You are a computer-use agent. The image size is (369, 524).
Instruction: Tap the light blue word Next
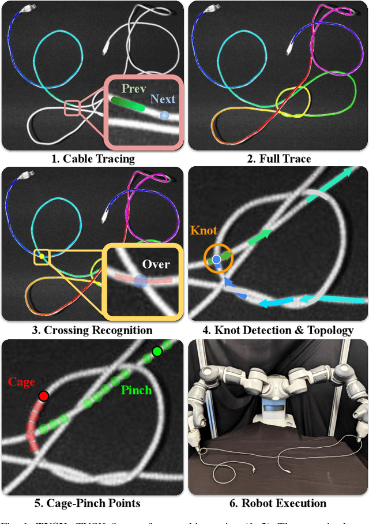(x=163, y=99)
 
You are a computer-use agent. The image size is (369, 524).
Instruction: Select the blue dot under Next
(x=164, y=115)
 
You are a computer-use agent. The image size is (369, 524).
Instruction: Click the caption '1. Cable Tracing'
(x=93, y=159)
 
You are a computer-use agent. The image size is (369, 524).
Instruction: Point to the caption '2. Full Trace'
(x=278, y=159)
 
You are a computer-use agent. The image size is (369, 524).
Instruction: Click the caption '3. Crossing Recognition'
(x=93, y=330)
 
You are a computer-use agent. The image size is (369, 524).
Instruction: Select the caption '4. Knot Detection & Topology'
(x=278, y=330)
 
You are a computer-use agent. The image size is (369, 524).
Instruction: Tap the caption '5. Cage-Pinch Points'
(x=93, y=503)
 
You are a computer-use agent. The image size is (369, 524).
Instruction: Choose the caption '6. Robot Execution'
(x=278, y=503)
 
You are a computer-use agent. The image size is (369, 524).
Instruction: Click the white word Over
(x=156, y=264)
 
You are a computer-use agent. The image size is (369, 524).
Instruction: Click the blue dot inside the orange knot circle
(x=216, y=260)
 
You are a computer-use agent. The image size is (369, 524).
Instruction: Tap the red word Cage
(x=21, y=382)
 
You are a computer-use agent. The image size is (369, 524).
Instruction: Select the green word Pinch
(x=136, y=391)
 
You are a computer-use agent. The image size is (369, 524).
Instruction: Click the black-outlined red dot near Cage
(x=43, y=396)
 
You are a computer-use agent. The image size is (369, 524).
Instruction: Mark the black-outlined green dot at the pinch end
(x=157, y=351)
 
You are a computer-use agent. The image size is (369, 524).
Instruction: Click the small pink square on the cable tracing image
(x=72, y=108)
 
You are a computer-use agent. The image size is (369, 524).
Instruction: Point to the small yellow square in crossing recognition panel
(x=42, y=256)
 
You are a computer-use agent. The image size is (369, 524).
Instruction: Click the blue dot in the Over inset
(x=140, y=280)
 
